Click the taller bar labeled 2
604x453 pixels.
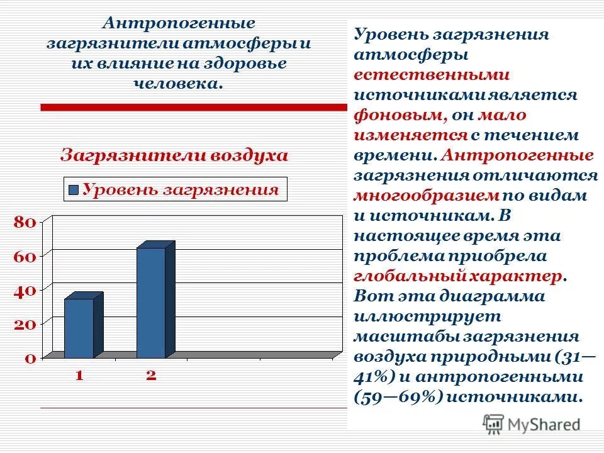pos(151,302)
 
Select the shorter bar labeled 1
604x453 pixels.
pos(79,327)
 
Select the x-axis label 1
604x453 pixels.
pos(79,376)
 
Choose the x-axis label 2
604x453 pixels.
pos(151,376)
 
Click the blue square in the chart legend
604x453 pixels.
pos(74,190)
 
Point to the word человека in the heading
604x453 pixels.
pos(178,83)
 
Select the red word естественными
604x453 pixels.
pos(431,75)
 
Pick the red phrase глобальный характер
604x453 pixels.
pos(459,276)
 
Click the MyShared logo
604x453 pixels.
pos(532,423)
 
